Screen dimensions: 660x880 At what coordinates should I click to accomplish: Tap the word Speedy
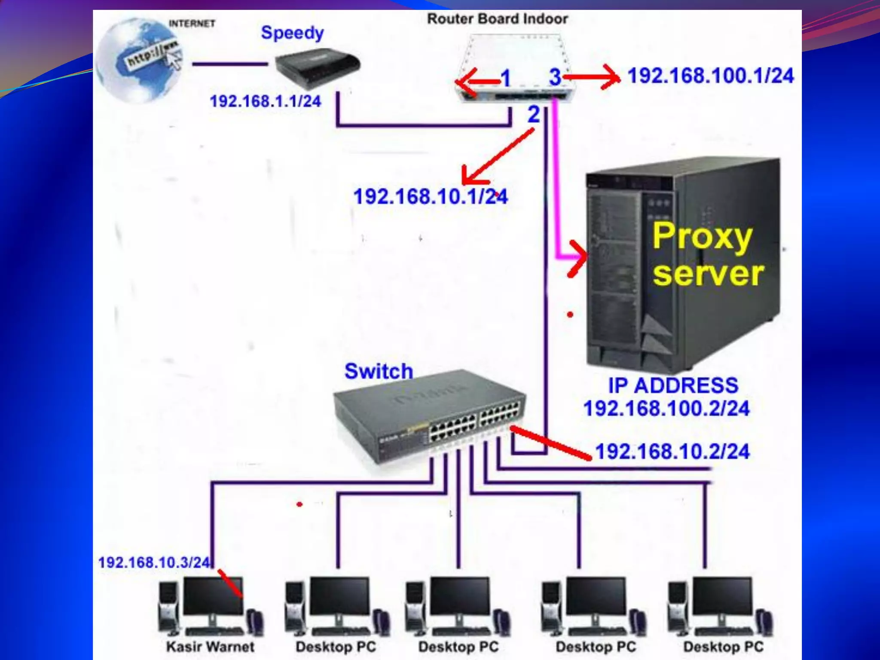pos(292,33)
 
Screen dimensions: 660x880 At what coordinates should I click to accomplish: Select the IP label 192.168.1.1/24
pos(265,101)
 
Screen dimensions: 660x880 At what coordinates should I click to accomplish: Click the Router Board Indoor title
pos(497,19)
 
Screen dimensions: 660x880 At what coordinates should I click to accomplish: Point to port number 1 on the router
pos(505,78)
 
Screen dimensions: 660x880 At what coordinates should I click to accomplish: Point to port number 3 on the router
pos(555,77)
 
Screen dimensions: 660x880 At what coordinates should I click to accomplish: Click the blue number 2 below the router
pos(533,114)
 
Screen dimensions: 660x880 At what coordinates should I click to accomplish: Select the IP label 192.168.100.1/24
pos(711,76)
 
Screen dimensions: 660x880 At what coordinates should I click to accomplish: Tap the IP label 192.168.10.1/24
pos(430,197)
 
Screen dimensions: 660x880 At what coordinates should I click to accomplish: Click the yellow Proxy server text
pos(707,254)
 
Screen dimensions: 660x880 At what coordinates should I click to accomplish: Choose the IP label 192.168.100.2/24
pos(666,408)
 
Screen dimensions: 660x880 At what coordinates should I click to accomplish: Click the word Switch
pos(379,371)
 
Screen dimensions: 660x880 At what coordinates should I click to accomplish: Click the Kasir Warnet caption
pos(210,647)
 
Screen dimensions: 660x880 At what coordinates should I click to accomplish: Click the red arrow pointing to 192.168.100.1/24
pos(593,77)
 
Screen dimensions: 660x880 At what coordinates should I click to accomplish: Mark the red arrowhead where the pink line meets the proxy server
pos(578,258)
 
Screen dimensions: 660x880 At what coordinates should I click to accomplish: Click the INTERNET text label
pos(192,24)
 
